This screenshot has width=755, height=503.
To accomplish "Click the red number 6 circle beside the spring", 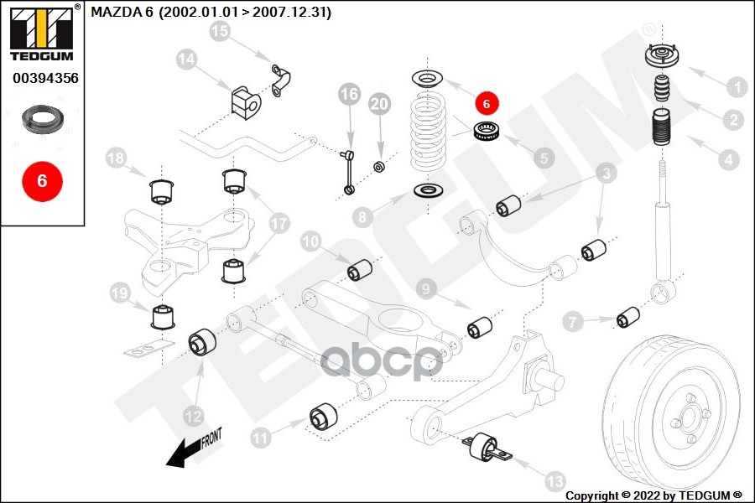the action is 487,103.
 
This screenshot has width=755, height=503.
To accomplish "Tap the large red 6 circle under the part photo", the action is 41,179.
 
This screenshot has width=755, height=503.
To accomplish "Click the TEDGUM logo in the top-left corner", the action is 41,34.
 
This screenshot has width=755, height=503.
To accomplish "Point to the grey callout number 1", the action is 736,86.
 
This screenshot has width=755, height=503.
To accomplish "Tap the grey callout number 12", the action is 194,414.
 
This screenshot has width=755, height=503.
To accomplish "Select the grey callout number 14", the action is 186,59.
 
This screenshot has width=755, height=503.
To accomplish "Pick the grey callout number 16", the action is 348,94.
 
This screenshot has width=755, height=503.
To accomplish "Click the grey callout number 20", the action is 380,104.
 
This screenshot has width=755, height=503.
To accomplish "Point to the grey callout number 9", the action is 426,290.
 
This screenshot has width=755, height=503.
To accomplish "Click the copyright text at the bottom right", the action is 653,495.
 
